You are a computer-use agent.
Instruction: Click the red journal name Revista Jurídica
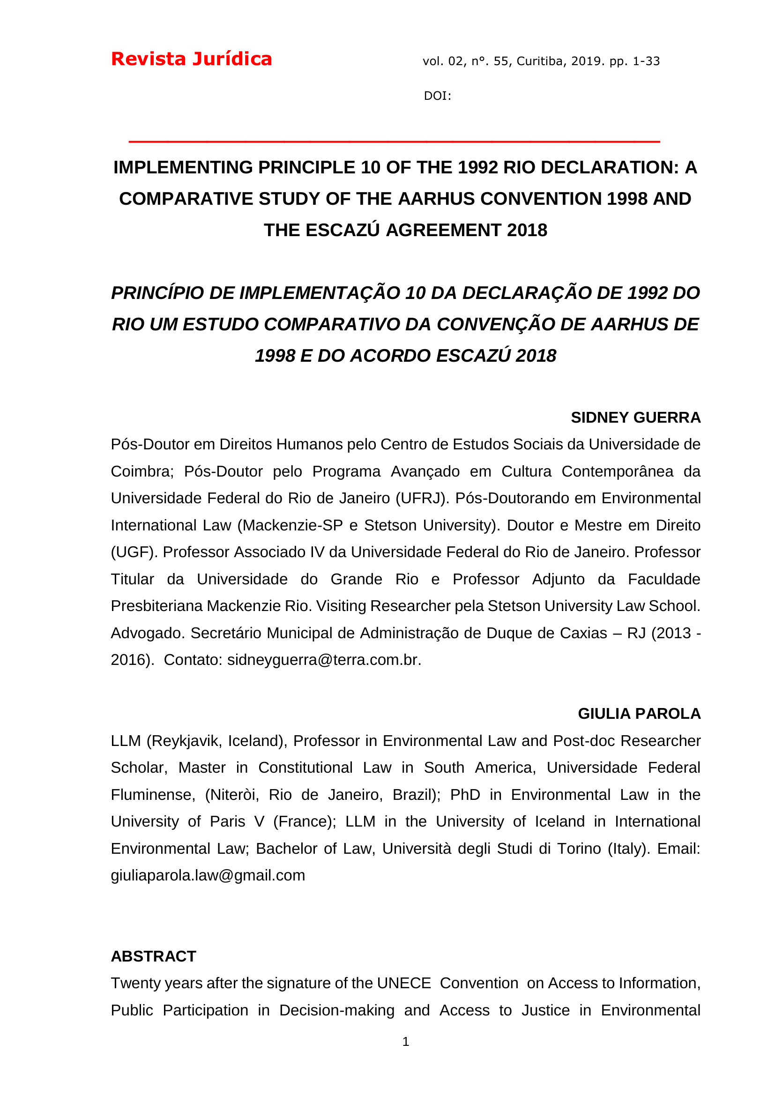coord(191,59)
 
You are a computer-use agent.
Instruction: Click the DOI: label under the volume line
coord(437,96)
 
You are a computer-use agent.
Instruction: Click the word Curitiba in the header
coord(542,61)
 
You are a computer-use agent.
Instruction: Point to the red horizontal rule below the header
coord(394,142)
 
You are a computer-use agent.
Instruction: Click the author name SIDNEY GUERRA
coord(636,418)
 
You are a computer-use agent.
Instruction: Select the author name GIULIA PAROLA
coord(639,714)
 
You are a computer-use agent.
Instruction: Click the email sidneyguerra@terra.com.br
coord(324,660)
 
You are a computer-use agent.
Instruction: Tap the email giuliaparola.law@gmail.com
coord(208,875)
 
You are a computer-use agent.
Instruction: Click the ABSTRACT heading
coord(154,957)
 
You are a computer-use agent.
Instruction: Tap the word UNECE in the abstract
coord(404,984)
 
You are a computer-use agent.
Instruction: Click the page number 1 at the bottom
coord(406,1042)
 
